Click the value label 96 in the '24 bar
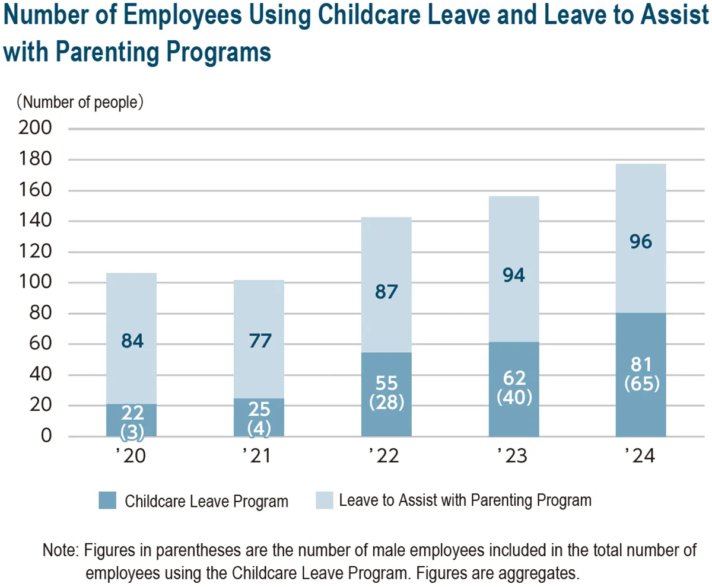(641, 242)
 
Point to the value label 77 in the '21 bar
(259, 342)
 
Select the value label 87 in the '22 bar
(386, 293)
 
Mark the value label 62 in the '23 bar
(514, 378)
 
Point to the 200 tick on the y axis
(36, 128)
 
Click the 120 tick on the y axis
(36, 252)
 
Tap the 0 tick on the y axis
(46, 436)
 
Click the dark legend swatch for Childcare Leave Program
(107, 501)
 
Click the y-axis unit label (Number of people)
(80, 102)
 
